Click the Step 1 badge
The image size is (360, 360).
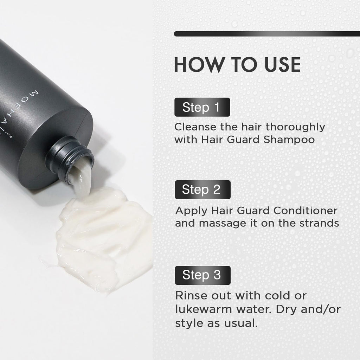(202, 107)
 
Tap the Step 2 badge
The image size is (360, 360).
(202, 189)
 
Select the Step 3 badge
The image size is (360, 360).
(202, 275)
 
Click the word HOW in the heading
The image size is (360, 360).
(200, 65)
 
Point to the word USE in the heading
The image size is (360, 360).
(282, 65)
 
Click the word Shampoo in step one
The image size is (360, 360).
(289, 140)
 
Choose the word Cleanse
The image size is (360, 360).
(195, 127)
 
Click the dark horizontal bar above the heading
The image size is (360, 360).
(267, 34)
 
